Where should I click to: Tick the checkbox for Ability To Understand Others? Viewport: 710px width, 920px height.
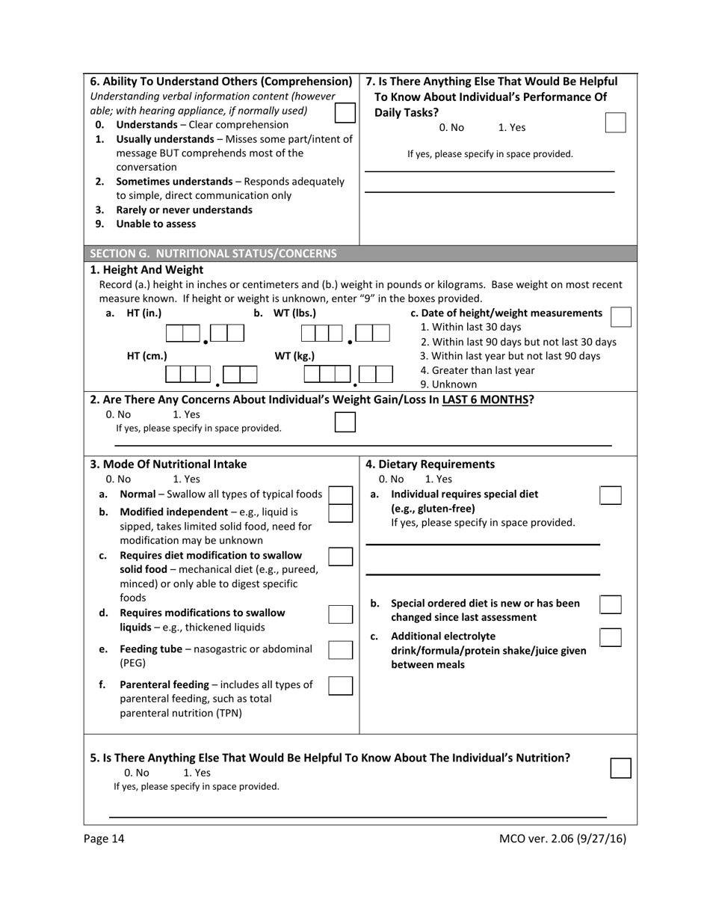[x=345, y=112]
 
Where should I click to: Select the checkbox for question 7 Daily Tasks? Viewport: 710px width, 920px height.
[x=614, y=123]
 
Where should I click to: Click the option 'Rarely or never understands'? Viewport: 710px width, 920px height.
[x=184, y=209]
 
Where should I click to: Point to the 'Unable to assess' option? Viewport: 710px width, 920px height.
[x=155, y=224]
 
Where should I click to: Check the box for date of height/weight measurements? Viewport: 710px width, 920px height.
[x=620, y=316]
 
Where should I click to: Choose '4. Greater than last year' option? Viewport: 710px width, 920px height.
[x=478, y=370]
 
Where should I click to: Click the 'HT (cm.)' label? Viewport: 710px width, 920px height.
[x=146, y=356]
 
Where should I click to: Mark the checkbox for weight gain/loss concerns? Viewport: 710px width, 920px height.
[x=345, y=422]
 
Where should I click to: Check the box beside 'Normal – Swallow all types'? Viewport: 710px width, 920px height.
[x=341, y=495]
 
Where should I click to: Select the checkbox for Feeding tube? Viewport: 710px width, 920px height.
[x=341, y=649]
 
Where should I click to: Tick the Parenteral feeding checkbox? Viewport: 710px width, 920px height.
[x=341, y=685]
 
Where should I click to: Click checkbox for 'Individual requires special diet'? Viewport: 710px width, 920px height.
[x=610, y=495]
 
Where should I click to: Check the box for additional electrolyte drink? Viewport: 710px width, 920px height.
[x=610, y=637]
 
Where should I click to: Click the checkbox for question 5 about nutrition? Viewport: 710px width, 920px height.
[x=620, y=768]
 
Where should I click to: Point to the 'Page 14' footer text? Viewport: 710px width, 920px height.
[x=105, y=838]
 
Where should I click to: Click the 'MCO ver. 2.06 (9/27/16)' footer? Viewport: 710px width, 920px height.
[x=562, y=838]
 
